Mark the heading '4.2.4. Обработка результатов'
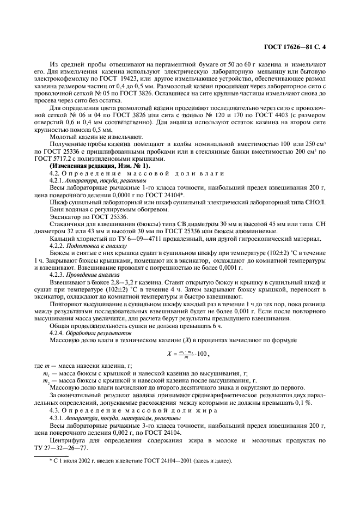pos(90,332)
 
